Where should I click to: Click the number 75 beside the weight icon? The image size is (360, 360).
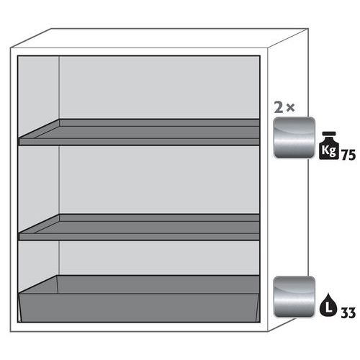pyautogui.click(x=348, y=155)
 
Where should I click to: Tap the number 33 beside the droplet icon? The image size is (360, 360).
pyautogui.click(x=348, y=313)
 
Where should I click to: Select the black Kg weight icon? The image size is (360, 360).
pyautogui.click(x=329, y=145)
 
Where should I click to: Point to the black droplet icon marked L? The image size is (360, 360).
pyautogui.click(x=328, y=305)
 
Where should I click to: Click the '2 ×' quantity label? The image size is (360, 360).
pyautogui.click(x=284, y=108)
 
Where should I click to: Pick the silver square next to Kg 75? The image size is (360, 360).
pyautogui.click(x=294, y=138)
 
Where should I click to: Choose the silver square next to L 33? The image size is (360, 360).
pyautogui.click(x=294, y=297)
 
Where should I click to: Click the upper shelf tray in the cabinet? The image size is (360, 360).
pyautogui.click(x=140, y=132)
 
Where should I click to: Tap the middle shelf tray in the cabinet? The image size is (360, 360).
pyautogui.click(x=140, y=228)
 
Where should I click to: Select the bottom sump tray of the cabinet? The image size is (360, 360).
pyautogui.click(x=140, y=299)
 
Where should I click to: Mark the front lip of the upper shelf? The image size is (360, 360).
pyautogui.click(x=140, y=142)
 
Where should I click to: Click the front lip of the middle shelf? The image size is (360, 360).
pyautogui.click(x=140, y=237)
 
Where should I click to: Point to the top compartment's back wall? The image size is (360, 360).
pyautogui.click(x=160, y=88)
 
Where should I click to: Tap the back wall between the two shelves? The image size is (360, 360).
pyautogui.click(x=160, y=180)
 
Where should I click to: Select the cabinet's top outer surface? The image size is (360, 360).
pyautogui.click(x=159, y=38)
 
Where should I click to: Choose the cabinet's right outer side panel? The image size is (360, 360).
pyautogui.click(x=288, y=180)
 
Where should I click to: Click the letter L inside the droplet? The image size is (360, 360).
pyautogui.click(x=328, y=307)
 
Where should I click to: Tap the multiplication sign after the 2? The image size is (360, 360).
pyautogui.click(x=290, y=108)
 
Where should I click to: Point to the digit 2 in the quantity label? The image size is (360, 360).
pyautogui.click(x=279, y=108)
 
